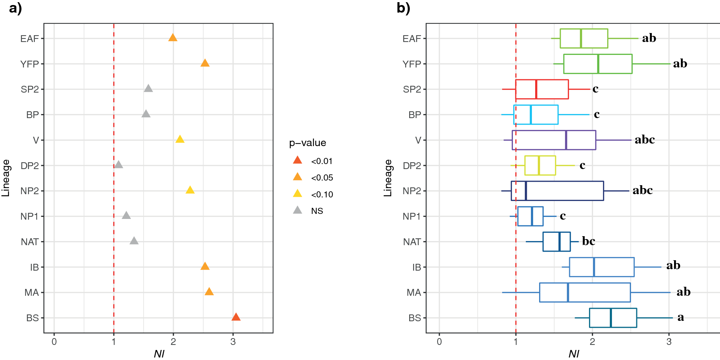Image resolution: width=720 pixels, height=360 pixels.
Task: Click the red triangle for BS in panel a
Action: tap(236, 317)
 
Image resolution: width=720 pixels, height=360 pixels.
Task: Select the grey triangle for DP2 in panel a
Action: tap(118, 165)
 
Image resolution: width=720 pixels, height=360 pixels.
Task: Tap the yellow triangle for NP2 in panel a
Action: tap(190, 190)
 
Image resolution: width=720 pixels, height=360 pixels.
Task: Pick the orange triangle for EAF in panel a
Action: tap(173, 38)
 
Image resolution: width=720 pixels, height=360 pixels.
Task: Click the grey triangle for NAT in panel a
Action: tap(134, 241)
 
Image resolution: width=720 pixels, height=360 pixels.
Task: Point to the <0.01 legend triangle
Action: tap(297, 160)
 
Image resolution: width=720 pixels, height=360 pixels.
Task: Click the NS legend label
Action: tap(317, 211)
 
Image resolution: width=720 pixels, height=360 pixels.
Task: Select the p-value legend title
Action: tap(308, 143)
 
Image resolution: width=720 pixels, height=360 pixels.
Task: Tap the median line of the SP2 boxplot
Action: tap(536, 89)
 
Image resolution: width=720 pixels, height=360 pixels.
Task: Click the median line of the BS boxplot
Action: tap(611, 318)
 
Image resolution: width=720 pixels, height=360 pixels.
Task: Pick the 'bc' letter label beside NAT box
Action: tap(588, 241)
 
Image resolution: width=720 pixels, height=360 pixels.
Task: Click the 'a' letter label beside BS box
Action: tap(681, 317)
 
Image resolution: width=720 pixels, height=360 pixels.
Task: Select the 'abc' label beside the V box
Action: tap(645, 140)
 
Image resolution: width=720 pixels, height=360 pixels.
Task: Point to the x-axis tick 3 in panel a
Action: tap(233, 342)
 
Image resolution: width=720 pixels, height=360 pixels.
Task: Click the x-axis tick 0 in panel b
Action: tap(439, 342)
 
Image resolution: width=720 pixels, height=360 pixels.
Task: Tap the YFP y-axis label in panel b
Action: tap(411, 64)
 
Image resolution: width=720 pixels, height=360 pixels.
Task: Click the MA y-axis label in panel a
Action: tap(32, 293)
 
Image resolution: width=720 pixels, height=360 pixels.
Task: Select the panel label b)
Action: tap(403, 8)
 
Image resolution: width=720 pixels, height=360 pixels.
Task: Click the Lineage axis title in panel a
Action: tap(6, 178)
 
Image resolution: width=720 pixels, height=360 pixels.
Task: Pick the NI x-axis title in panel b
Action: tap(574, 354)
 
